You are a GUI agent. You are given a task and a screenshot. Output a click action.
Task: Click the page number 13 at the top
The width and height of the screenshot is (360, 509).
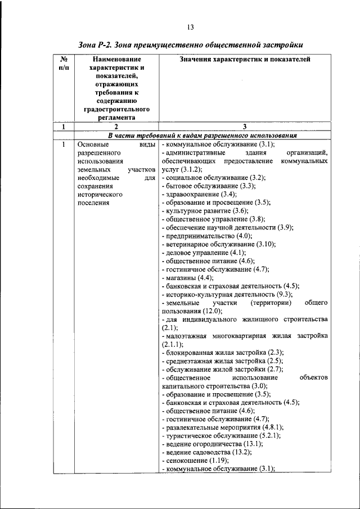(191, 27)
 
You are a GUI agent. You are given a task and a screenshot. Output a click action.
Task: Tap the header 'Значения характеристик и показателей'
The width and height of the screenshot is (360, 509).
(244, 59)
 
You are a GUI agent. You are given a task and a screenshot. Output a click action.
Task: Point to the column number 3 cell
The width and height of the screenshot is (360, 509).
(245, 127)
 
